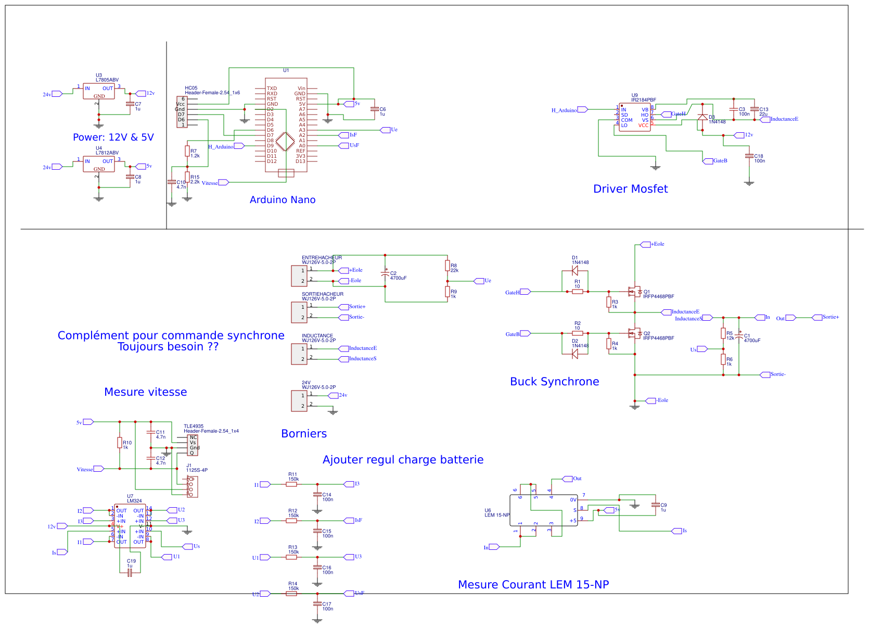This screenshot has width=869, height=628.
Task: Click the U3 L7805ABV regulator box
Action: coord(99,92)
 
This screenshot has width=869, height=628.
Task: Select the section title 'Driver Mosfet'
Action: coord(630,189)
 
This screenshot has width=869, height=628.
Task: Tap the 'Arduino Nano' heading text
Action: coord(283,200)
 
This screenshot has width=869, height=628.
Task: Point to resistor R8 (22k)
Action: coord(447,266)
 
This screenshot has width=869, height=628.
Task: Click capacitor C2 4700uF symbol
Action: coord(385,273)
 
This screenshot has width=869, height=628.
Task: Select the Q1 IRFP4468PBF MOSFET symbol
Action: coord(634,292)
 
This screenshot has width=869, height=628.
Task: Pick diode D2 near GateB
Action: coord(574,354)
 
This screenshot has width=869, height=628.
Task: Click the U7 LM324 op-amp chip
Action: coord(130,526)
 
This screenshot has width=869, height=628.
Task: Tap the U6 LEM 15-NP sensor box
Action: coord(543,510)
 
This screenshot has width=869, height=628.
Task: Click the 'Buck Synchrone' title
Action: coord(554,382)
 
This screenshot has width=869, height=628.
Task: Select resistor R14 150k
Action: coord(291,593)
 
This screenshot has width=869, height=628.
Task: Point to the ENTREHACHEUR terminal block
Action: coord(299,276)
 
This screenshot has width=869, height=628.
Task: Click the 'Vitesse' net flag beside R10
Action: coord(98,469)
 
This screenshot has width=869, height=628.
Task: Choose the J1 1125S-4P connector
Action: coord(192,486)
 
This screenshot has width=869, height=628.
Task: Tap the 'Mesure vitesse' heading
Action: coord(145,392)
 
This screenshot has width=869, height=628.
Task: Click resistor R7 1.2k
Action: coord(187,151)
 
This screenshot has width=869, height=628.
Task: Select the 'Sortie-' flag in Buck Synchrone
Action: coord(765,374)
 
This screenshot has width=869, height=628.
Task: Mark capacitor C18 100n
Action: coord(749,156)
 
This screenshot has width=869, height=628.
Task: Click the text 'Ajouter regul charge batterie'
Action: coord(403,460)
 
